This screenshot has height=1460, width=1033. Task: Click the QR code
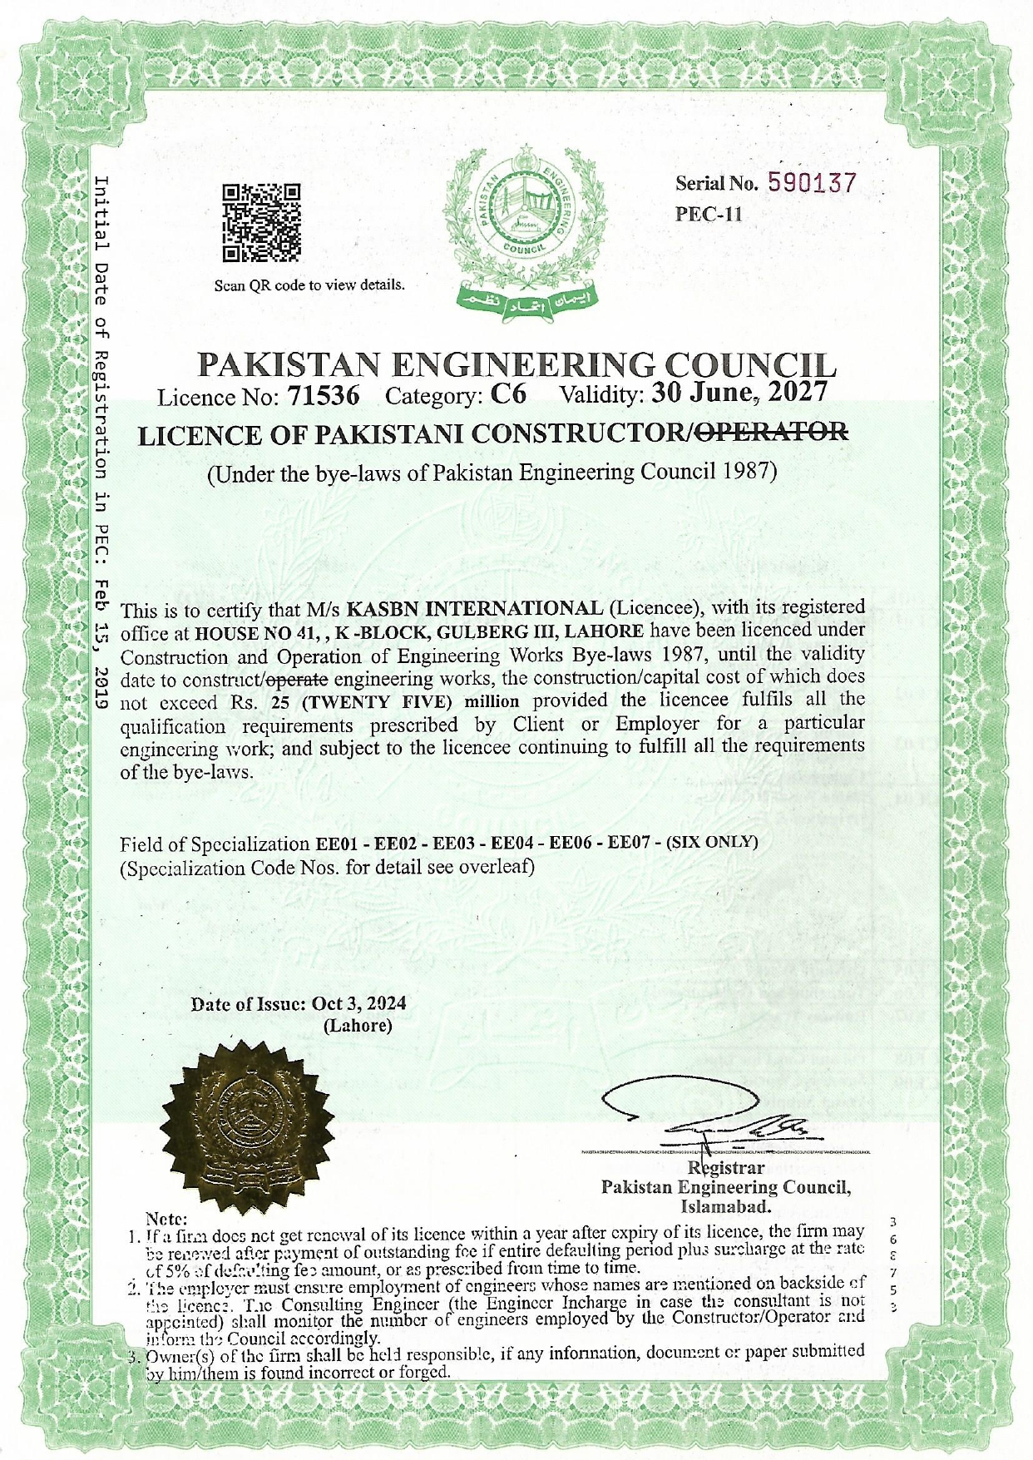coord(262,222)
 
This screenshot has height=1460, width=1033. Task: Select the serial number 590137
coord(811,183)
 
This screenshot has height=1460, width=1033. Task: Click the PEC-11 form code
coord(708,214)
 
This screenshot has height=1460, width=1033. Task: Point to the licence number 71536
coord(323,395)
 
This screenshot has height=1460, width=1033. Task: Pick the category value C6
coord(508,393)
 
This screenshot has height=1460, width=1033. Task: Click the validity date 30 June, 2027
coord(739,391)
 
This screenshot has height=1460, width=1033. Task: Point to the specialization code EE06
coord(570,843)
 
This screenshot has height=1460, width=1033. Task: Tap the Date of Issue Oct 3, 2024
coord(358,1003)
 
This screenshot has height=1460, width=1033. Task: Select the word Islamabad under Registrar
coord(725,1206)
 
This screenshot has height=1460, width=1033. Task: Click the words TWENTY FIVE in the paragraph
coord(370,701)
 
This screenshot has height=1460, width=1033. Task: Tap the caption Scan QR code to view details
coord(309,285)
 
